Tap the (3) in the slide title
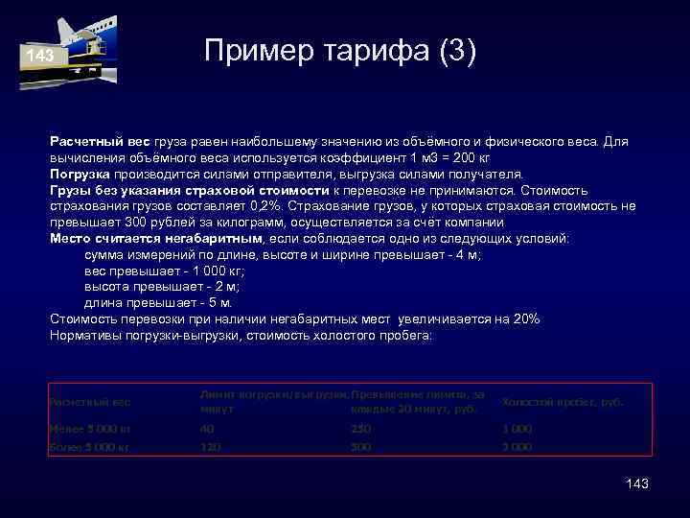(447, 51)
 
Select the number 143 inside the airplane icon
(40, 57)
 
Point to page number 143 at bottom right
(636, 483)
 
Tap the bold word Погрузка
(81, 175)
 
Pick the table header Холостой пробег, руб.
(563, 402)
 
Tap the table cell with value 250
(361, 429)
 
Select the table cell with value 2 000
(517, 447)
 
